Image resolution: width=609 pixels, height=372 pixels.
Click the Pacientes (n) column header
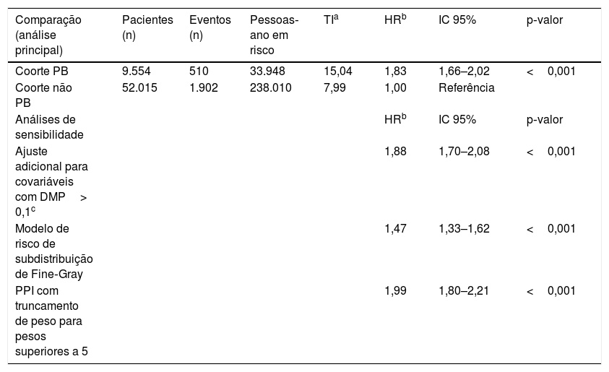coord(147,27)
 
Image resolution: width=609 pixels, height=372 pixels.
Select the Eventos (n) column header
coord(210,27)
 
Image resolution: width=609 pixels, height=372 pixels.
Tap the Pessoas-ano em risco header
coord(275,35)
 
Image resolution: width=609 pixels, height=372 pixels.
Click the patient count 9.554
coord(137,71)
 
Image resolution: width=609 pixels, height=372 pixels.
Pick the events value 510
coord(199,71)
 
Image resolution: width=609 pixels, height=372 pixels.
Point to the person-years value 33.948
coord(267,71)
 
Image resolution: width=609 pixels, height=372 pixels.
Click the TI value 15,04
coord(338,71)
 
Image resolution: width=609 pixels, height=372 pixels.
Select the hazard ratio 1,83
coord(395,71)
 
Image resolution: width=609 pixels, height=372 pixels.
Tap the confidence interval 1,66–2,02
coord(464,71)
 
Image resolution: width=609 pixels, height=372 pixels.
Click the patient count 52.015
coord(139,87)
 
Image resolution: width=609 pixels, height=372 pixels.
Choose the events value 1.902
coord(204,87)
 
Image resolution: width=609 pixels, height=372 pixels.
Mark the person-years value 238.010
coord(270,87)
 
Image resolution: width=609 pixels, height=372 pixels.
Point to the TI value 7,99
coord(334,87)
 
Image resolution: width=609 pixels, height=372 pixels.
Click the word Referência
coord(467,87)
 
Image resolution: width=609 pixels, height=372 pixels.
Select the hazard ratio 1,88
coord(395,151)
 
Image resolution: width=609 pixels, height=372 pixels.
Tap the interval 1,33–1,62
coord(464,228)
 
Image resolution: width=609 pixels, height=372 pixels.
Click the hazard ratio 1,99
coord(395,290)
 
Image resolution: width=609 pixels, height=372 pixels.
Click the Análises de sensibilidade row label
coord(49,127)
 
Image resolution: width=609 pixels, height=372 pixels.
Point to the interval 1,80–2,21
coord(464,290)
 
